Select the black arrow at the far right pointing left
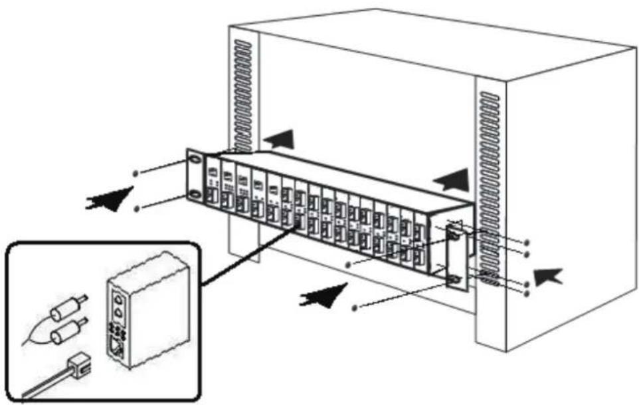[x=549, y=274]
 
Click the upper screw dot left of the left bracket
[x=136, y=172]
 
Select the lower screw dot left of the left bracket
[x=137, y=209]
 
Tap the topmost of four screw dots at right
[x=527, y=242]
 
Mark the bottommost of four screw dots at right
[x=527, y=293]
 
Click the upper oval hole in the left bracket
[x=194, y=160]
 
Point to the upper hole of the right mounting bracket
[x=454, y=233]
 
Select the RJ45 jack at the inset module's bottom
[x=118, y=346]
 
